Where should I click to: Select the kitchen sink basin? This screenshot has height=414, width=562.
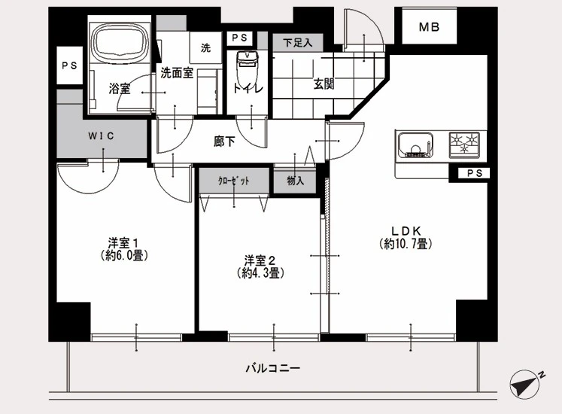(415, 145)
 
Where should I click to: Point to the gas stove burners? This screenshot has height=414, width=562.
(464, 145)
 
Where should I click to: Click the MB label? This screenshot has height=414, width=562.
(429, 27)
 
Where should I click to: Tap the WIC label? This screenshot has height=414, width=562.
(101, 136)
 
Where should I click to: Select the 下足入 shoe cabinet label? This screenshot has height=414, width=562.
(297, 43)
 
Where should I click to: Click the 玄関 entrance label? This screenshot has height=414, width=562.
(324, 84)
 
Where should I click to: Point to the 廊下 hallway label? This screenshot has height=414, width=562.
(224, 142)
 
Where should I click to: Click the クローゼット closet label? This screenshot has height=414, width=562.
(234, 181)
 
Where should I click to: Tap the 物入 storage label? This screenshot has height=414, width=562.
(296, 181)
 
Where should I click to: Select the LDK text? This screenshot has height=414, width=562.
(406, 230)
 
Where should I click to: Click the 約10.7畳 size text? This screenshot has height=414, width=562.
(406, 244)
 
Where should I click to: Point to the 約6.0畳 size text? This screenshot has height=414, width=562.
(124, 255)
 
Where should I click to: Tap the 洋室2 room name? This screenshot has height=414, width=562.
(260, 260)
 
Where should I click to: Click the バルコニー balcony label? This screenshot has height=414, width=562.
(273, 368)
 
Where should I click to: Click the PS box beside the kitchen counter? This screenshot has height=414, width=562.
(474, 173)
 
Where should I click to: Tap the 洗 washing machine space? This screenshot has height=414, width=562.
(205, 47)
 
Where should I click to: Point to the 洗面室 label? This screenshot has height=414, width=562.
(177, 73)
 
